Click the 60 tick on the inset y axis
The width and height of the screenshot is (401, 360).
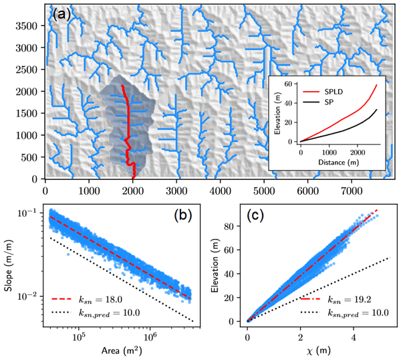(x=289, y=84)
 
